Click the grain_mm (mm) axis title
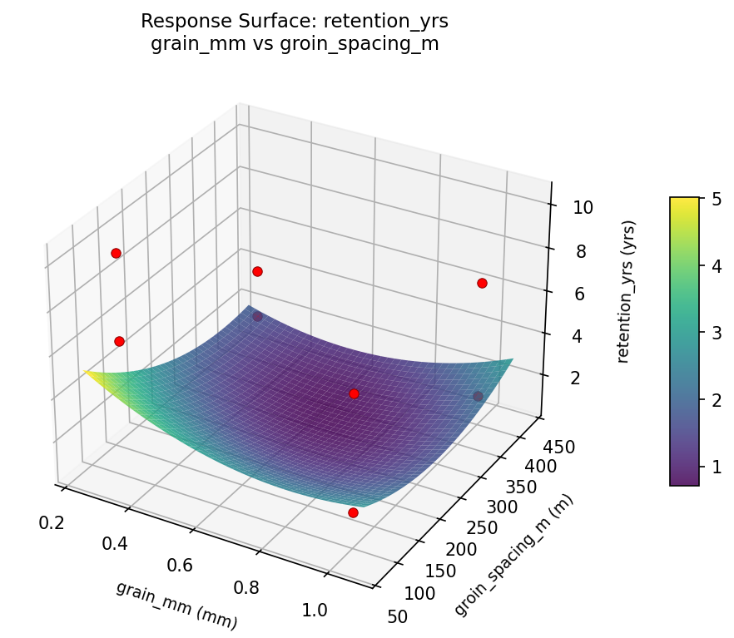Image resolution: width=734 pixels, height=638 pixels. tap(176, 605)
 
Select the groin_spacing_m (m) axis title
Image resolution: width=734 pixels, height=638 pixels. tap(513, 555)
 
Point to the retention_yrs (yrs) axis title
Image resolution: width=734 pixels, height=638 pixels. tap(630, 291)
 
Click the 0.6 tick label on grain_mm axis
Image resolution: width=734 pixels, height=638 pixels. tap(180, 566)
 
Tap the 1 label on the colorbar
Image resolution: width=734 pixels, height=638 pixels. tap(716, 467)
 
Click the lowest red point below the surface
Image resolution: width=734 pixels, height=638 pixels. tap(353, 512)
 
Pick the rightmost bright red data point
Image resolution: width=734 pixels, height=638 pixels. tap(482, 284)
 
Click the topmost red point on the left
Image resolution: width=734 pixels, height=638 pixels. tap(116, 253)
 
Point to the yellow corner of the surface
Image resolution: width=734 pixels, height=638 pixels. tap(87, 373)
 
